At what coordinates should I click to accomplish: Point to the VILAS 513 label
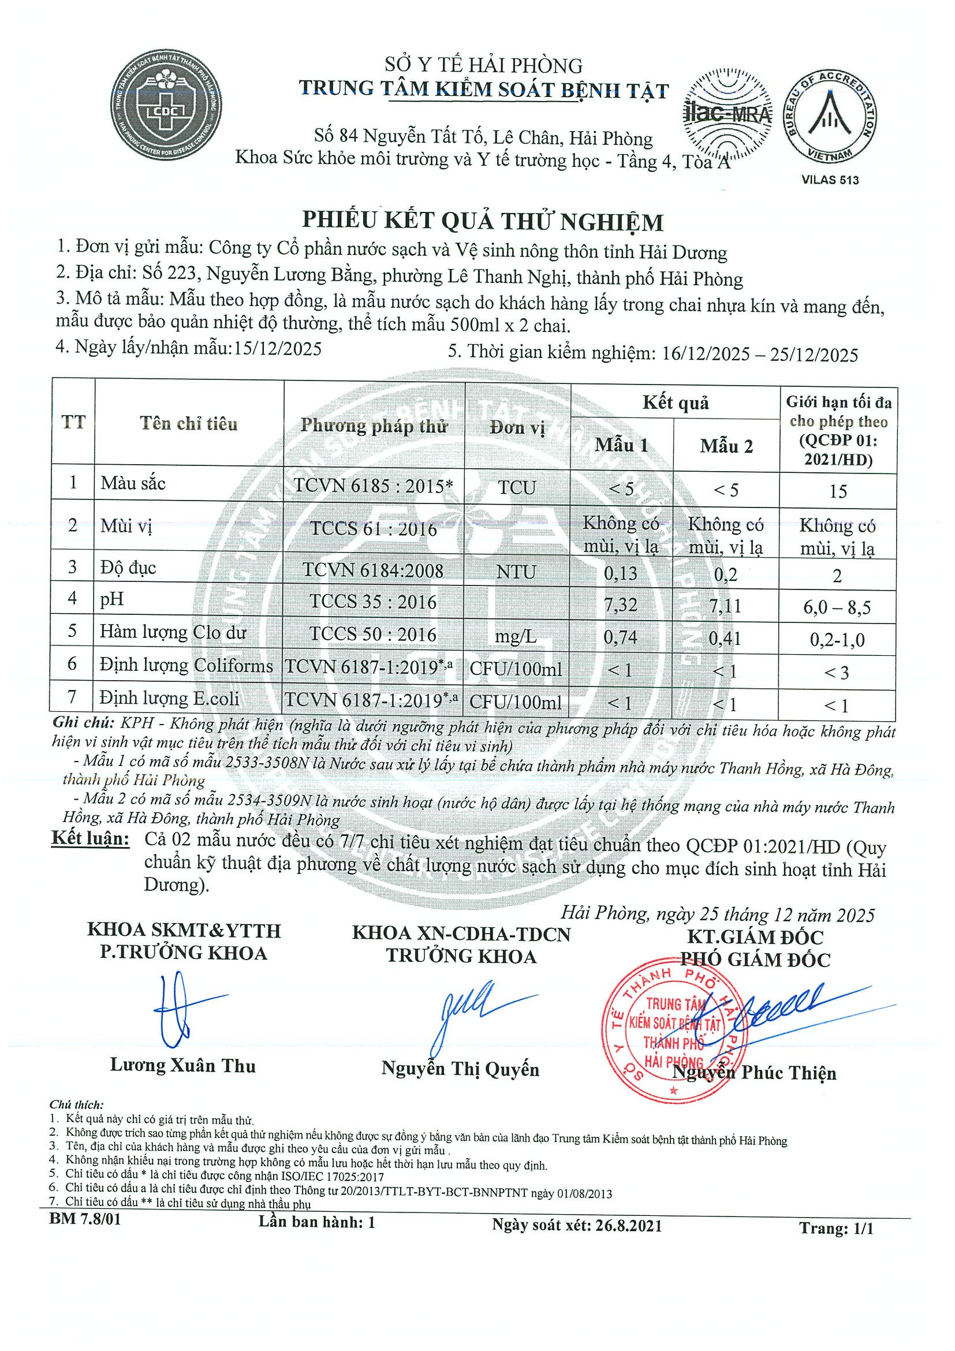pyautogui.click(x=830, y=180)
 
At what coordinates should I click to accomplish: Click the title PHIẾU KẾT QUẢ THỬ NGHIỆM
pyautogui.click(x=483, y=221)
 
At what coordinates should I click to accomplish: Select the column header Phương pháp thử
pyautogui.click(x=374, y=426)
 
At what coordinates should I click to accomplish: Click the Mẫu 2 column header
pyautogui.click(x=726, y=446)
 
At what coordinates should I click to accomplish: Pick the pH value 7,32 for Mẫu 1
pyautogui.click(x=621, y=604)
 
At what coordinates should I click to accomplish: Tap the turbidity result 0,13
pyautogui.click(x=621, y=573)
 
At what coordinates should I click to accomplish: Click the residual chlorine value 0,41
pyautogui.click(x=725, y=638)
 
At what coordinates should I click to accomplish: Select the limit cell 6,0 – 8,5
pyautogui.click(x=837, y=607)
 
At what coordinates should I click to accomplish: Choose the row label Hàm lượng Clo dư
pyautogui.click(x=173, y=633)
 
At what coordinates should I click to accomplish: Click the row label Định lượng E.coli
pyautogui.click(x=170, y=699)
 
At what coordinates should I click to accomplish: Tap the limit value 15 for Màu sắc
pyautogui.click(x=837, y=491)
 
